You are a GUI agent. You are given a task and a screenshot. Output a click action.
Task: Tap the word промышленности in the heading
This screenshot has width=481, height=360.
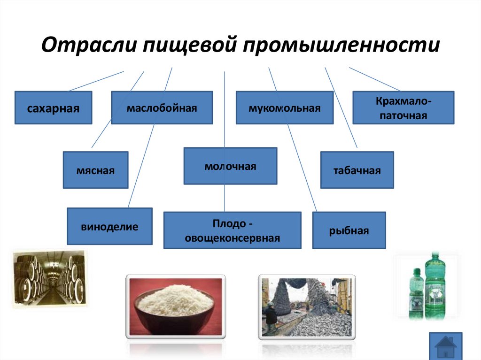tap(341, 46)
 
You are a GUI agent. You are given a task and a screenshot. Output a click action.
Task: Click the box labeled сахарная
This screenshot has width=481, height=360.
tap(53, 108)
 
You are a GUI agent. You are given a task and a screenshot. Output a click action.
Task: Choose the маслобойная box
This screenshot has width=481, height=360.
tap(161, 108)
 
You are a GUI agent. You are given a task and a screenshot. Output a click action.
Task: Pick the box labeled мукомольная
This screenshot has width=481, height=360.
tap(284, 108)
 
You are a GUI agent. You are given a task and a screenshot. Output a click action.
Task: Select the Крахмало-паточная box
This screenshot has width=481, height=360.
tap(403, 108)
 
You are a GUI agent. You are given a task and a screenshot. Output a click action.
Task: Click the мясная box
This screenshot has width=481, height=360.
tap(95, 170)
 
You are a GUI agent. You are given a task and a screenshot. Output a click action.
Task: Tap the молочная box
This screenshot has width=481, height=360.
tap(230, 166)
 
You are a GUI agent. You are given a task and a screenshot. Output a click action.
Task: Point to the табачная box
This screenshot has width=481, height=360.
tap(357, 170)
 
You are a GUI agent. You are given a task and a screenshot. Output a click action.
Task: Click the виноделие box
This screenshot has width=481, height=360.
tap(109, 226)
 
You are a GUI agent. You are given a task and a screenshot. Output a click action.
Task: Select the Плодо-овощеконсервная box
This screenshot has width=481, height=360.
tap(232, 230)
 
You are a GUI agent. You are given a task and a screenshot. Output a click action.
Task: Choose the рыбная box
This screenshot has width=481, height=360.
tap(349, 230)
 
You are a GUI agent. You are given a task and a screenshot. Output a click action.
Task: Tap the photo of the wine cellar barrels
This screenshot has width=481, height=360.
tap(50, 278)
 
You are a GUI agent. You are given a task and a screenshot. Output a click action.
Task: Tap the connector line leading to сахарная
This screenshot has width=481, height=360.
tap(96, 81)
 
